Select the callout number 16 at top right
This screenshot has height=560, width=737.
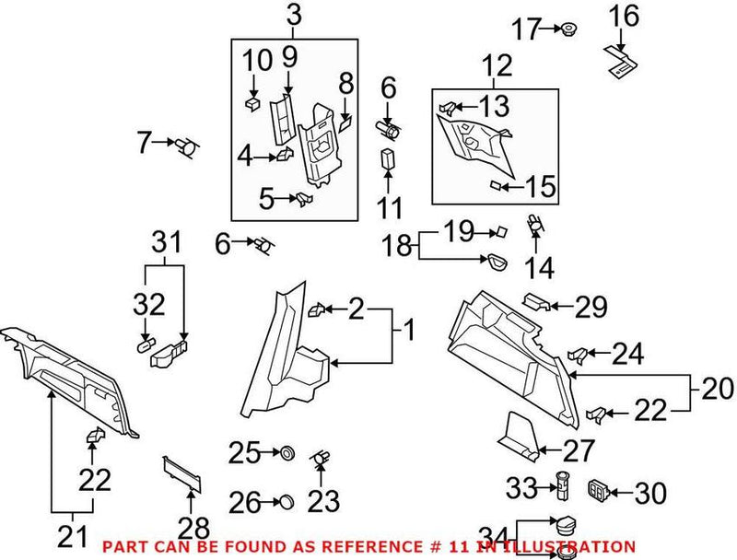click(624, 16)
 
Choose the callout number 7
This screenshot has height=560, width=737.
click(144, 143)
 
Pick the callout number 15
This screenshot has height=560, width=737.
click(542, 188)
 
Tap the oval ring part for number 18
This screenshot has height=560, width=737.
click(499, 262)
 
